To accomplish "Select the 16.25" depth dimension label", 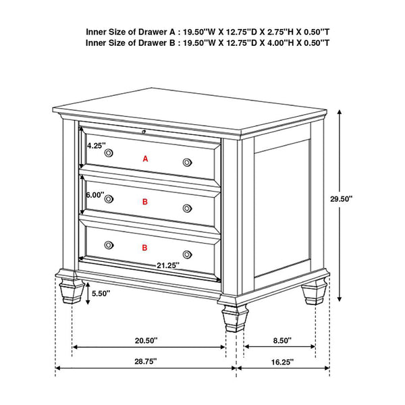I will (x=283, y=361).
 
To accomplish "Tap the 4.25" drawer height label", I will (x=94, y=144).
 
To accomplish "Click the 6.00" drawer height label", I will (x=94, y=194).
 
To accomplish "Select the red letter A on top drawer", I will (x=144, y=159).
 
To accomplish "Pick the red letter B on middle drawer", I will (x=144, y=201).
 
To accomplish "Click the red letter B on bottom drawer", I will (x=144, y=248).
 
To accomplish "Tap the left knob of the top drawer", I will (x=109, y=154).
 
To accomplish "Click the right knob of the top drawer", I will (x=187, y=162).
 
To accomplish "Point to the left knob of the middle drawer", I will (x=109, y=198).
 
